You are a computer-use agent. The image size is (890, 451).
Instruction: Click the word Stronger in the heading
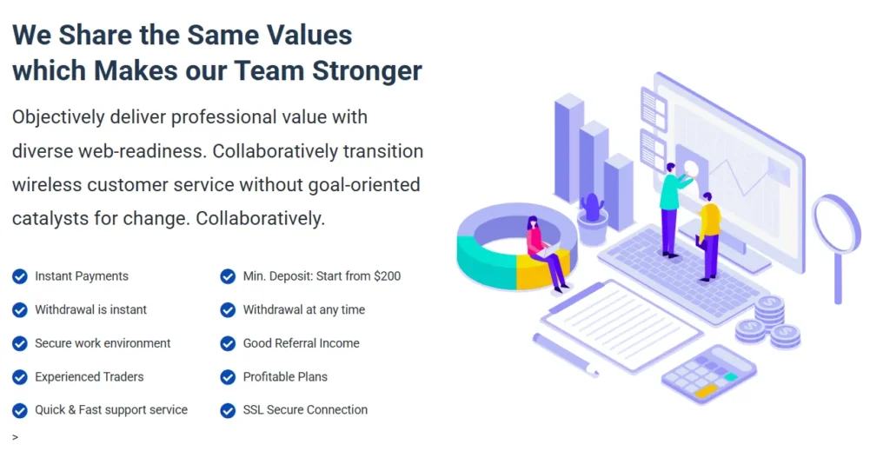point(367,71)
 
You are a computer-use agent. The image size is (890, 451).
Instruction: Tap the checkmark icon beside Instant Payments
point(20,276)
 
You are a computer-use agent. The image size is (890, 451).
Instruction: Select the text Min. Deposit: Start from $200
point(322,276)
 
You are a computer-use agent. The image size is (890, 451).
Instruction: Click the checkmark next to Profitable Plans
point(228,376)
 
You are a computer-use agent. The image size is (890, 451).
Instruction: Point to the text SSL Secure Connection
point(305,409)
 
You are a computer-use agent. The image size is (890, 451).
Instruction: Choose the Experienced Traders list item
point(90,376)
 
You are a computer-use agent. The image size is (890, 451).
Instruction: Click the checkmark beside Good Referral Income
point(228,343)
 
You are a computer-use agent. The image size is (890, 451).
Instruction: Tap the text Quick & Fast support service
point(111,409)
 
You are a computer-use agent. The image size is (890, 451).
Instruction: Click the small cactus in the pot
point(592,208)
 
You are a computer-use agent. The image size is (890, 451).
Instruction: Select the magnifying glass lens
point(836,223)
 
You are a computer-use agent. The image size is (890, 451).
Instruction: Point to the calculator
point(708,375)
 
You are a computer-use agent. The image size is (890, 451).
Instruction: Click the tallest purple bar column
point(568,149)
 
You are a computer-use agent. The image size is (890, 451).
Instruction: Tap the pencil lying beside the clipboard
point(565,355)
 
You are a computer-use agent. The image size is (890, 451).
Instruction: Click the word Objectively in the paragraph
point(58,117)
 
